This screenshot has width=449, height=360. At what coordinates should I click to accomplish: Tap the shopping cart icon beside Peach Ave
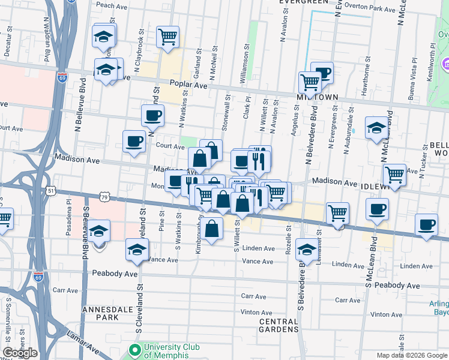coord(167,36)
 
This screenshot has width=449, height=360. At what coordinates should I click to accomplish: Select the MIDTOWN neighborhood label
coord(318,97)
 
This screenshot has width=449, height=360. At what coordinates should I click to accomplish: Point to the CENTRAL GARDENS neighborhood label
coord(279,326)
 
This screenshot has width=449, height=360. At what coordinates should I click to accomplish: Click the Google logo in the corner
coord(20,353)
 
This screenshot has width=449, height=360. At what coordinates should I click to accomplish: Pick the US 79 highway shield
coord(105,196)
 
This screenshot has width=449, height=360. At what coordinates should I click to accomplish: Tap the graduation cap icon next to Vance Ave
coord(136,249)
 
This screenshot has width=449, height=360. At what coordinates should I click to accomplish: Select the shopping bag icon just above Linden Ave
coord(212,229)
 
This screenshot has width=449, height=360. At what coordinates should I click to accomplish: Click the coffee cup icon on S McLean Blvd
coord(377,209)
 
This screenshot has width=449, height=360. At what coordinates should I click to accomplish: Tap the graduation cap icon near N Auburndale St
coord(376,128)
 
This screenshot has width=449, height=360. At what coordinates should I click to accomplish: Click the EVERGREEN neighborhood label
coord(305,2)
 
